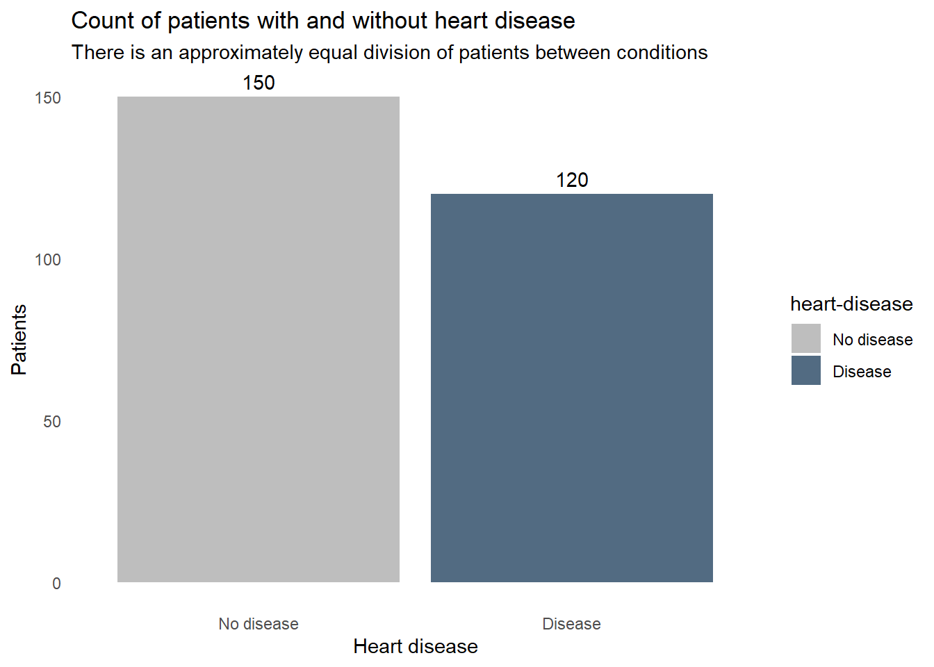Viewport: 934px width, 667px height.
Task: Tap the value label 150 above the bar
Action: pyautogui.click(x=259, y=83)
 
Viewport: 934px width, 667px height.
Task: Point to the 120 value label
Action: pyautogui.click(x=572, y=180)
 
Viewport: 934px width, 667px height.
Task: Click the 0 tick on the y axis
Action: pyautogui.click(x=56, y=584)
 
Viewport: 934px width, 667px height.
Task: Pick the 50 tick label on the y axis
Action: pyautogui.click(x=52, y=422)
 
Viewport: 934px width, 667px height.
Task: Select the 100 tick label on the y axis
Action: pyautogui.click(x=48, y=260)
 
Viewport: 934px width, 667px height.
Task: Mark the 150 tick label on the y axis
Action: pyautogui.click(x=48, y=98)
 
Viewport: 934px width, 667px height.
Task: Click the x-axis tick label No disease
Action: pyautogui.click(x=259, y=624)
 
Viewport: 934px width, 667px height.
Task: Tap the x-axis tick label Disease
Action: pyautogui.click(x=572, y=624)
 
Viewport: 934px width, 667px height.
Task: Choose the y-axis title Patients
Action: pyautogui.click(x=19, y=340)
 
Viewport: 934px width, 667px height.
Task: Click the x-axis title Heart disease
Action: pyautogui.click(x=416, y=646)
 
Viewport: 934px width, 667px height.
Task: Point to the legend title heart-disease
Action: pyautogui.click(x=851, y=304)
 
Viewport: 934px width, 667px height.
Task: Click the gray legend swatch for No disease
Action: pyautogui.click(x=806, y=338)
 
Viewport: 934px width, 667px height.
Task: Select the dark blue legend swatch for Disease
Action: pyautogui.click(x=806, y=370)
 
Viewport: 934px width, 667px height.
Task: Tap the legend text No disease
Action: pyautogui.click(x=873, y=340)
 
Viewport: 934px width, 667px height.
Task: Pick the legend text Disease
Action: pyautogui.click(x=862, y=372)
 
